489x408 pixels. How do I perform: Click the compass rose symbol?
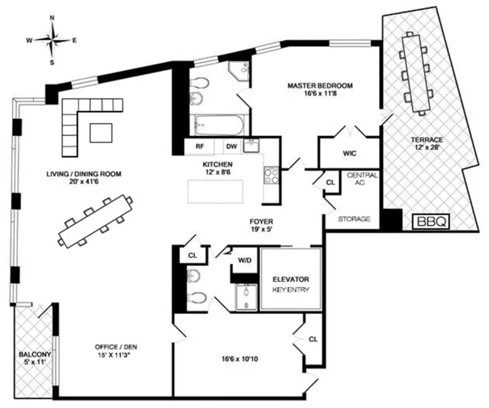click(x=52, y=39)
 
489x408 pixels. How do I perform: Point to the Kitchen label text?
click(x=218, y=165)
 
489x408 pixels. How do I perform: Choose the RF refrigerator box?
click(x=200, y=146)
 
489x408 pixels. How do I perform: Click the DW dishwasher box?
click(x=230, y=146)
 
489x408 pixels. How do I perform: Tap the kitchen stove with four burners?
click(x=270, y=175)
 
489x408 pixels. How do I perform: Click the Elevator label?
click(x=291, y=279)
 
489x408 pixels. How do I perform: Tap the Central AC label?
click(x=358, y=180)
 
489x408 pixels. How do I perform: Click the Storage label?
click(x=354, y=219)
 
